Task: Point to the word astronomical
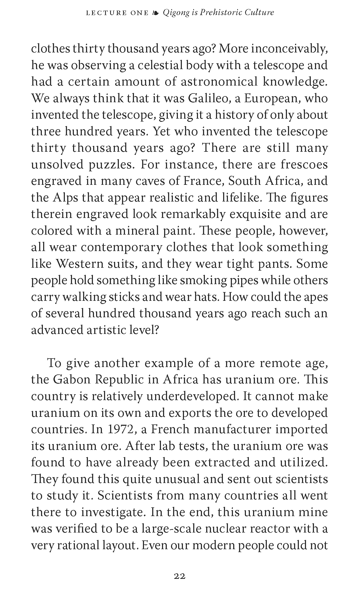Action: pos(219,82)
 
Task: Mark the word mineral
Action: pos(136,231)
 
